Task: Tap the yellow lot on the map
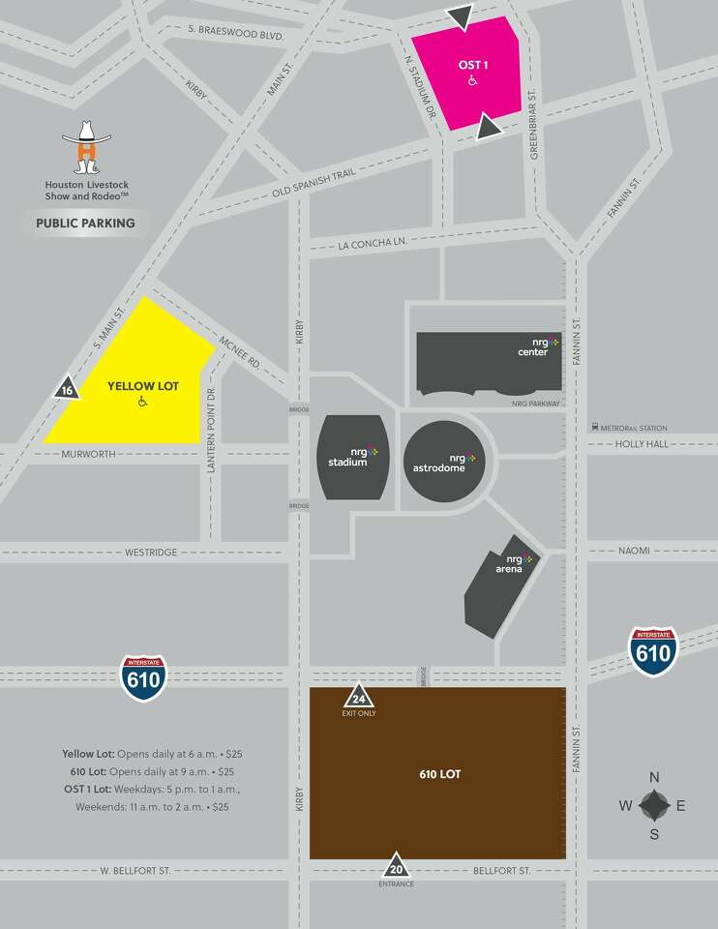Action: click(x=135, y=387)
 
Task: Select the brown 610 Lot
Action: click(x=437, y=774)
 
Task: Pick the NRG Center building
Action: click(x=489, y=361)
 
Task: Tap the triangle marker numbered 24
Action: click(x=359, y=698)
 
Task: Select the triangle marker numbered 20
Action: click(x=396, y=864)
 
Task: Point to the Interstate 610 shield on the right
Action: click(x=653, y=651)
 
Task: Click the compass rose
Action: click(x=654, y=805)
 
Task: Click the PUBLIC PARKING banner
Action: click(x=85, y=224)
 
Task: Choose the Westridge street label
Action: click(x=151, y=553)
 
